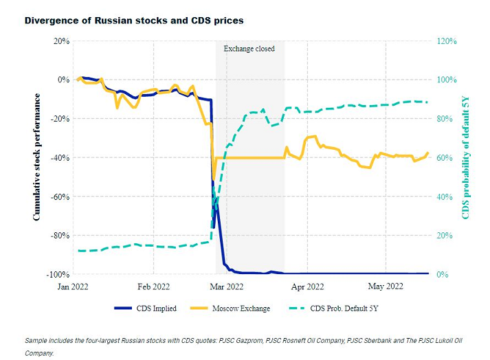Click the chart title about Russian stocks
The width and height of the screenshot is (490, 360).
pyautogui.click(x=134, y=21)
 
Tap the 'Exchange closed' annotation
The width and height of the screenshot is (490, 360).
pyautogui.click(x=249, y=49)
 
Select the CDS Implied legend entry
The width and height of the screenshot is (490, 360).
pyautogui.click(x=146, y=308)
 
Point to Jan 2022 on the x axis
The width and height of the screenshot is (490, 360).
pyautogui.click(x=72, y=286)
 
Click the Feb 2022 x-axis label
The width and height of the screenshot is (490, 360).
pyautogui.click(x=153, y=286)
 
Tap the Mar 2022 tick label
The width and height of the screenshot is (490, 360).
pyautogui.click(x=226, y=286)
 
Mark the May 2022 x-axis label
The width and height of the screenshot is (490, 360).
pyautogui.click(x=386, y=286)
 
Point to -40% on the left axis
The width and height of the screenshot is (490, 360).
pyautogui.click(x=58, y=158)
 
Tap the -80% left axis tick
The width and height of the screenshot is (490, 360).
pyautogui.click(x=58, y=236)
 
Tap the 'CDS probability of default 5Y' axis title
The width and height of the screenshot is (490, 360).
pyautogui.click(x=465, y=157)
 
